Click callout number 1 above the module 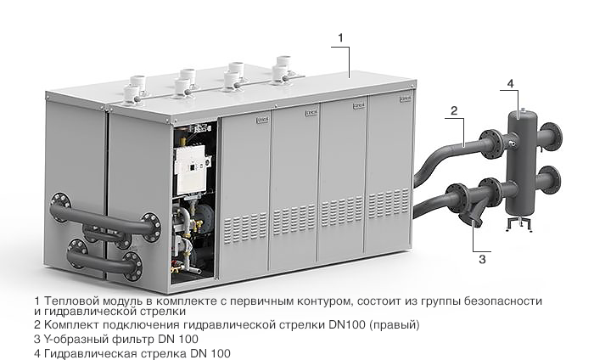[x=340, y=38]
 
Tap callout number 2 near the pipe [x=454, y=110]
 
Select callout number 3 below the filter [x=482, y=260]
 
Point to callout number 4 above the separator [x=510, y=83]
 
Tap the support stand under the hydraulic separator [x=519, y=223]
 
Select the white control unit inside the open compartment [x=191, y=170]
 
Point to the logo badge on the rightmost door [x=405, y=98]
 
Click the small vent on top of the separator [x=523, y=110]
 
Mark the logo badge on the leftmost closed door [x=262, y=120]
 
